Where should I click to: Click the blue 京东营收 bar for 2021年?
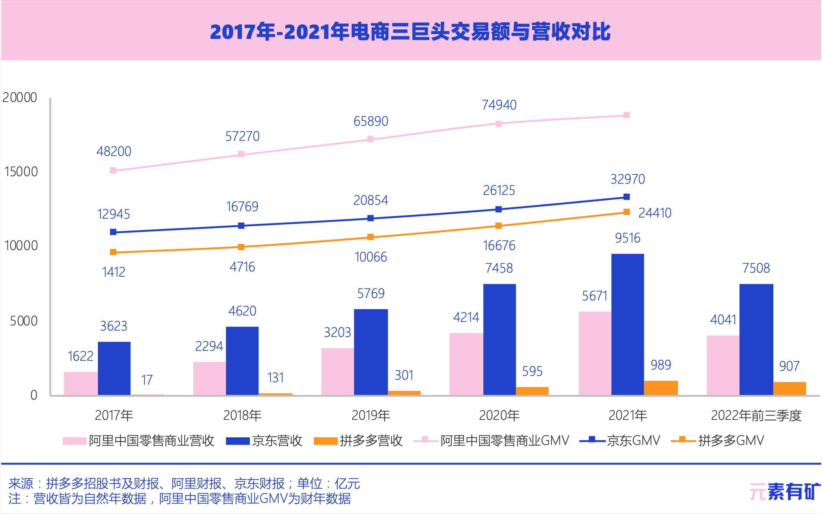(x=627, y=324)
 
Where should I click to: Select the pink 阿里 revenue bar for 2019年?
(x=337, y=371)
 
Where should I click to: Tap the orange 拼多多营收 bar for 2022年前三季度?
(x=789, y=388)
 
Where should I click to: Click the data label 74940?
(x=499, y=105)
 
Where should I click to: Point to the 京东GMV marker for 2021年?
(x=626, y=197)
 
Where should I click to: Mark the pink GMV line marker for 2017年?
(x=113, y=170)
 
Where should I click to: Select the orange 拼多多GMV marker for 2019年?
(x=370, y=237)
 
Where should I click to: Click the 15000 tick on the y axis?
(x=21, y=172)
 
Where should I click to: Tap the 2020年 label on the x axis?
(x=499, y=415)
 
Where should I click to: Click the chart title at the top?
(x=410, y=32)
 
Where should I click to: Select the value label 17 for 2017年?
(x=147, y=380)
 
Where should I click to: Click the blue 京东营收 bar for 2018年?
(x=242, y=361)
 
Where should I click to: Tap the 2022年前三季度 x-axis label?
(x=756, y=415)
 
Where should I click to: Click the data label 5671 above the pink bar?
(x=595, y=296)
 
